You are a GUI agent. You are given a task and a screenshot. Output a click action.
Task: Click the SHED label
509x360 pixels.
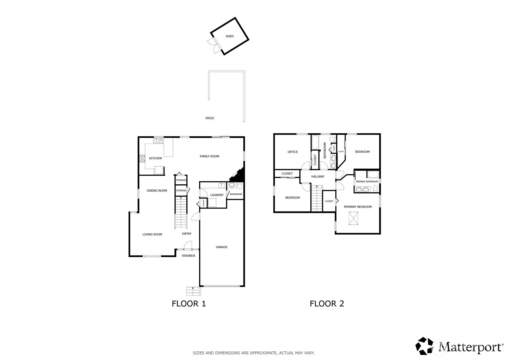(x=230, y=36)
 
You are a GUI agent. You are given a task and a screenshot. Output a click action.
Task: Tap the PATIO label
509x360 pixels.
(x=210, y=118)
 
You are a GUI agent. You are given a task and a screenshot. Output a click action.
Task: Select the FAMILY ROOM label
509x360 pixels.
(x=209, y=156)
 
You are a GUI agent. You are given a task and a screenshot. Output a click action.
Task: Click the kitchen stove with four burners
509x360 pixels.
(x=142, y=159)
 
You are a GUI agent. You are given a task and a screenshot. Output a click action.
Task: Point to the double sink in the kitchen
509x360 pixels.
(x=158, y=141)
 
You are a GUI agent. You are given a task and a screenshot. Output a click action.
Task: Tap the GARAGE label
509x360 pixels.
(x=222, y=247)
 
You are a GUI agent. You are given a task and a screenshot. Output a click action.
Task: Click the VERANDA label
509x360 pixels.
(x=189, y=255)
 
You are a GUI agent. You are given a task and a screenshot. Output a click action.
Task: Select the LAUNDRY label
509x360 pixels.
(x=217, y=195)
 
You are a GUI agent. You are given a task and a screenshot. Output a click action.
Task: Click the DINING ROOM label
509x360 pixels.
(x=157, y=191)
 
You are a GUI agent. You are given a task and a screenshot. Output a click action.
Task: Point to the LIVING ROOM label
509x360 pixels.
(x=152, y=234)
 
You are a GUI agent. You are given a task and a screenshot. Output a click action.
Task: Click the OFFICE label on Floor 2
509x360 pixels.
(x=293, y=152)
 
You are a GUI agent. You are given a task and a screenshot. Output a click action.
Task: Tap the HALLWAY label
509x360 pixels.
(x=318, y=177)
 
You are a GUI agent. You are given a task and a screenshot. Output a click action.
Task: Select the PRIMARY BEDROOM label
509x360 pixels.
(x=358, y=207)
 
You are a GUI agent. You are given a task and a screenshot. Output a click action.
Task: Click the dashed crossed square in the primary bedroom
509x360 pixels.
(x=353, y=218)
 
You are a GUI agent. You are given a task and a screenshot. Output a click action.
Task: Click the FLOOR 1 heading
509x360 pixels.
(x=189, y=304)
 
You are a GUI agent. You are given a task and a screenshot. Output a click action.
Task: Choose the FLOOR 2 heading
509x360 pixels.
(x=327, y=304)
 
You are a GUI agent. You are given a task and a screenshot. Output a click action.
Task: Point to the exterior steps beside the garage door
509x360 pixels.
(x=193, y=291)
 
